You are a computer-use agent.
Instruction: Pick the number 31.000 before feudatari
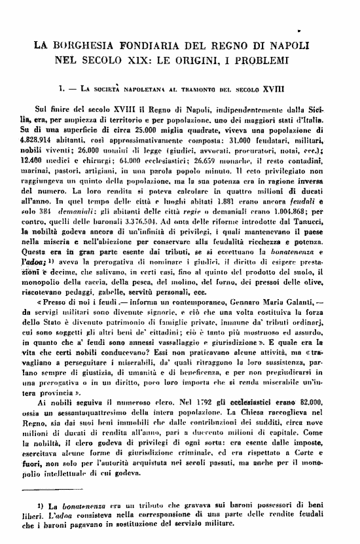pyautogui.click(x=242, y=140)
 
